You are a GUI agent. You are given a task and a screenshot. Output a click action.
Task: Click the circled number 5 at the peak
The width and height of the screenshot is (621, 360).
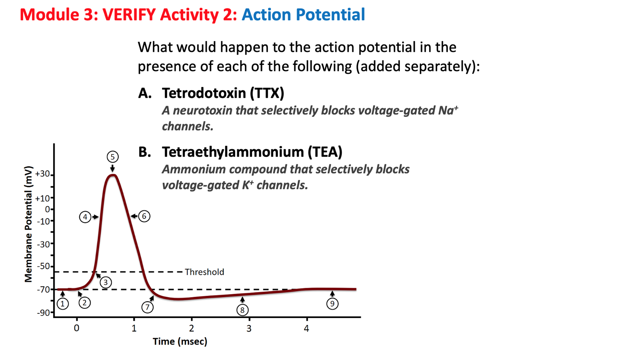click(x=112, y=157)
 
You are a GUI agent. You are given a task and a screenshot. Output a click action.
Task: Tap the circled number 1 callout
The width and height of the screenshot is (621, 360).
click(x=63, y=304)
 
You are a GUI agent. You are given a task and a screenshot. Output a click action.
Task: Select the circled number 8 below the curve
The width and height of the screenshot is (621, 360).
click(x=242, y=310)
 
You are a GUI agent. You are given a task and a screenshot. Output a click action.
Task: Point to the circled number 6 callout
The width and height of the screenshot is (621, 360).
click(x=144, y=216)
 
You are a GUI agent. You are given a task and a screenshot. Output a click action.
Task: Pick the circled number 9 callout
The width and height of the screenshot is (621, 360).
click(x=332, y=304)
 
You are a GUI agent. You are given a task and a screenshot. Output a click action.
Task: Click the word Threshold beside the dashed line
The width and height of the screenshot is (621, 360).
click(x=204, y=272)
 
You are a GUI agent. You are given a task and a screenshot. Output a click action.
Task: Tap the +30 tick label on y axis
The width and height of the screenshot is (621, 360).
click(x=43, y=174)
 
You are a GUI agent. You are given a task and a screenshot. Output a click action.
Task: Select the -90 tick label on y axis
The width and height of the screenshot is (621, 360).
click(x=43, y=313)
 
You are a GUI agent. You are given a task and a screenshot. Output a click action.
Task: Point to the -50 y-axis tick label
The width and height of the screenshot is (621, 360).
click(x=43, y=266)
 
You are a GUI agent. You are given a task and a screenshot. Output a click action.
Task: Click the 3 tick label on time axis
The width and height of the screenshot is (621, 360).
click(x=249, y=328)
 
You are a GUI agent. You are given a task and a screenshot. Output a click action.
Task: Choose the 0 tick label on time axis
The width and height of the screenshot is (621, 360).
click(x=77, y=328)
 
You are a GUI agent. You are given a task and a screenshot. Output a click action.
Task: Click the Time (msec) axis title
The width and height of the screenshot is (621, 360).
click(x=180, y=342)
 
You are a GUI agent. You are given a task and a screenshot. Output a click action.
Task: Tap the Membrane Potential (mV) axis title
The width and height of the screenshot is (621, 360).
click(x=28, y=224)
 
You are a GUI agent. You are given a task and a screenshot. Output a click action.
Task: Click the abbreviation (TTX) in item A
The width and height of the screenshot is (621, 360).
click(x=267, y=93)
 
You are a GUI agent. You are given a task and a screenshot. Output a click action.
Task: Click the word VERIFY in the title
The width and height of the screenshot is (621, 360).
click(x=129, y=15)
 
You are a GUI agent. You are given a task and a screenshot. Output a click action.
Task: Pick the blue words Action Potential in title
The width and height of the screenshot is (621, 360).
click(x=303, y=15)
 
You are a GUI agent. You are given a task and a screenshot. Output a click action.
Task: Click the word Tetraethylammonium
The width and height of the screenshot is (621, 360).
click(x=233, y=152)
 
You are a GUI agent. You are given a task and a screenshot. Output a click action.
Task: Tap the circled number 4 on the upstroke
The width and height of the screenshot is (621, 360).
click(x=85, y=217)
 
